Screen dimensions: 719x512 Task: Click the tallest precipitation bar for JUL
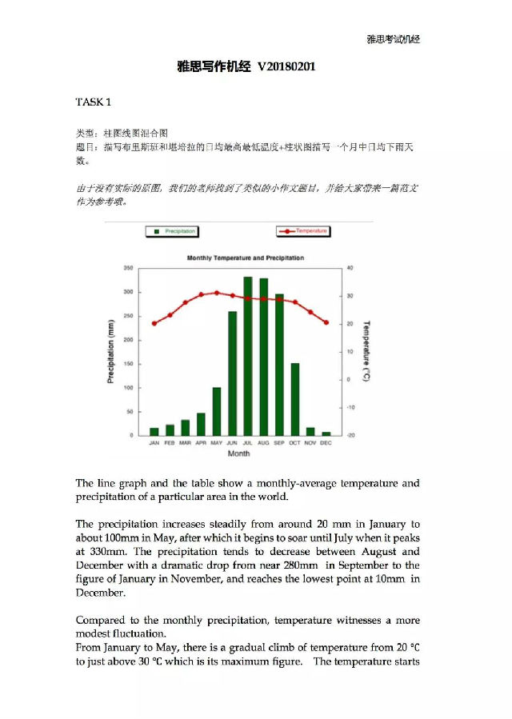[x=248, y=356]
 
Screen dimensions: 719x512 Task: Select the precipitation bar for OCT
[x=294, y=399]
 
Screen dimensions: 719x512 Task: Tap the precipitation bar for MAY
[x=217, y=411]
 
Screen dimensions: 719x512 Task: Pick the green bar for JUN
[x=232, y=373]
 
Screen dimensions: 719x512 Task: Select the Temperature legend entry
[x=304, y=231]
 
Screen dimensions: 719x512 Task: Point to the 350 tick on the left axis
[x=127, y=268]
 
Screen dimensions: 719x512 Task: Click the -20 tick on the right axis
[x=349, y=436]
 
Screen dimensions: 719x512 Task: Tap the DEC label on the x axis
[x=326, y=443]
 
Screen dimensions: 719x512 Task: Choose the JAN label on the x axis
[x=154, y=443]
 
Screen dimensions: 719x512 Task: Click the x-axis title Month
[x=238, y=453]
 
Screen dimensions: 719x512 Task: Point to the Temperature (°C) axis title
[x=366, y=351]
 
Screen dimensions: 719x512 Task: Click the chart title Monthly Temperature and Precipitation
[x=245, y=258]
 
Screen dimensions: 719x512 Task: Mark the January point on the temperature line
[x=154, y=323]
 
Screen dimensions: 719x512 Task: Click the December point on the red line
[x=326, y=322]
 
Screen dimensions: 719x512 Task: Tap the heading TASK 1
[x=94, y=102]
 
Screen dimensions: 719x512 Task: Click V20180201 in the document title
[x=286, y=66]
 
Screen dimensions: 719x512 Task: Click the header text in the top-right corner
[x=393, y=39]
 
